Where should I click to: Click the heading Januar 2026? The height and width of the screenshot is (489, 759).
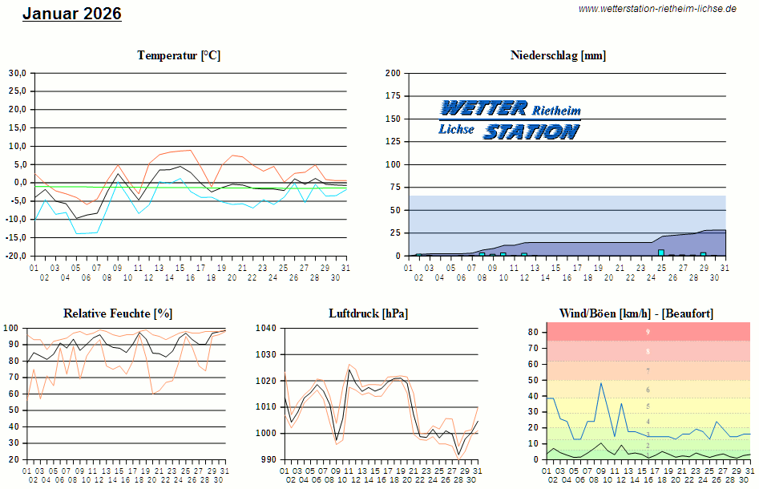click(x=71, y=14)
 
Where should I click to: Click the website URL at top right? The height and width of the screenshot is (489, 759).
click(x=656, y=9)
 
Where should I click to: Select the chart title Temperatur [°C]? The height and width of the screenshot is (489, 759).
click(x=179, y=55)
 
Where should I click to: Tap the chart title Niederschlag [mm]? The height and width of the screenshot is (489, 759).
click(x=558, y=55)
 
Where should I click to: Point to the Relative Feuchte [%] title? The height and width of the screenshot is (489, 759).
click(x=118, y=313)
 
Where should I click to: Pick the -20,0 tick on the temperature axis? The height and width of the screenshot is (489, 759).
click(x=16, y=257)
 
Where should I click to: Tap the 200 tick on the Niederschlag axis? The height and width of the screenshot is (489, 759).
click(x=393, y=73)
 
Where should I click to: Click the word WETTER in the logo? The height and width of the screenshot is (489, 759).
click(x=482, y=108)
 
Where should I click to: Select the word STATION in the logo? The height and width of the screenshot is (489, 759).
click(x=531, y=131)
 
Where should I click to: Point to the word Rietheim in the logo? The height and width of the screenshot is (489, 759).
click(x=556, y=108)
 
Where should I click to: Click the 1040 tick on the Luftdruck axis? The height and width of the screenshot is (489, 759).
click(x=266, y=328)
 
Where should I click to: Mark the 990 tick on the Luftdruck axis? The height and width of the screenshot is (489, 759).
click(x=268, y=460)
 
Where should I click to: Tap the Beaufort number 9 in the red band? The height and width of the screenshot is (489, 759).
click(x=648, y=331)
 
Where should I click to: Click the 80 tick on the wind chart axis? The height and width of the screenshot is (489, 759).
click(x=532, y=331)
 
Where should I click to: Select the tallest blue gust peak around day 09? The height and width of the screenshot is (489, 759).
click(x=601, y=383)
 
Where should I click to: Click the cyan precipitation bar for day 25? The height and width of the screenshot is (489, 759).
click(x=661, y=253)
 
